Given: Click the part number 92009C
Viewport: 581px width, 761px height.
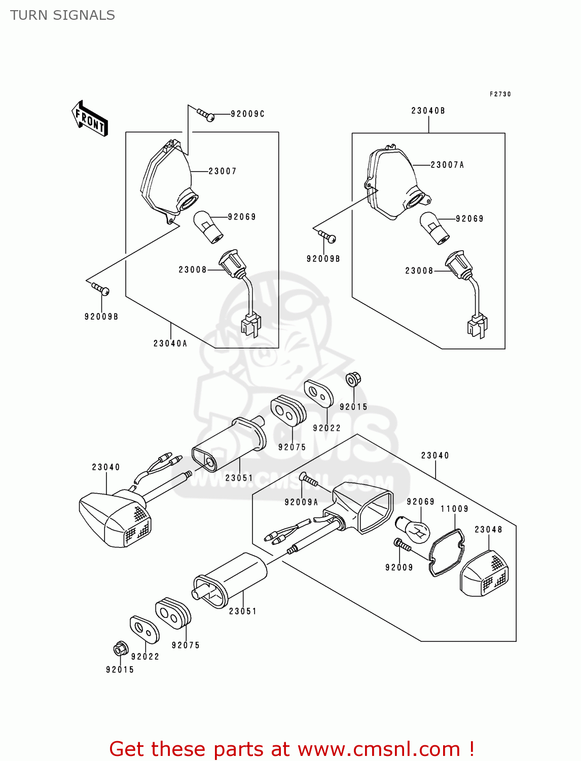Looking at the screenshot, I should [247, 114].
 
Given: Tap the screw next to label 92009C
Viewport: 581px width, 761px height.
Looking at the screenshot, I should [206, 115].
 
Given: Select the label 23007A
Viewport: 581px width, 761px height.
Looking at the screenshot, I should [447, 165].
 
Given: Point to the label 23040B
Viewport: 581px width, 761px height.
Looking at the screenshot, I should [428, 111].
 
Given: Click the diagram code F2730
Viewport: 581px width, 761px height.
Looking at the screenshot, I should [500, 94].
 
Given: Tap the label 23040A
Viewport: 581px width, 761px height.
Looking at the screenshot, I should [170, 343].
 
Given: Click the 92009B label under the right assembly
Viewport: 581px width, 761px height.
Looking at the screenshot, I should [323, 259].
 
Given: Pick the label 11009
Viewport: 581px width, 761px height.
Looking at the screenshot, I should [454, 509].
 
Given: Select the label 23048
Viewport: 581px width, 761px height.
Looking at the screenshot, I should [488, 530].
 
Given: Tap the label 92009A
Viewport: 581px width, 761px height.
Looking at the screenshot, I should [301, 502].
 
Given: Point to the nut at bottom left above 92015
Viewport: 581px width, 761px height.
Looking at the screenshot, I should [120, 649].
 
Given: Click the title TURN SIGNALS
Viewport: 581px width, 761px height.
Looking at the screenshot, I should [62, 15].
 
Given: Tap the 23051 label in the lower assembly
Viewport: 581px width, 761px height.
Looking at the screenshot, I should [242, 611].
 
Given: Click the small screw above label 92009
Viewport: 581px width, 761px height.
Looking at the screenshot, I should [403, 545].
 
